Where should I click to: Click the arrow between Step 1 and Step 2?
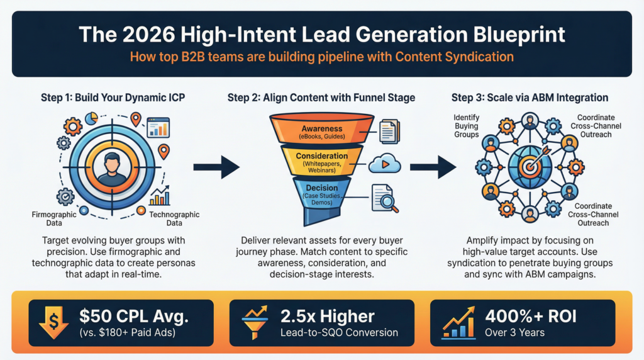(x=216, y=167)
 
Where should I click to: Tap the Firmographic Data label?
(x=53, y=218)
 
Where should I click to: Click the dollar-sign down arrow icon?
(x=55, y=322)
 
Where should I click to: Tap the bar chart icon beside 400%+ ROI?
(x=459, y=322)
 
